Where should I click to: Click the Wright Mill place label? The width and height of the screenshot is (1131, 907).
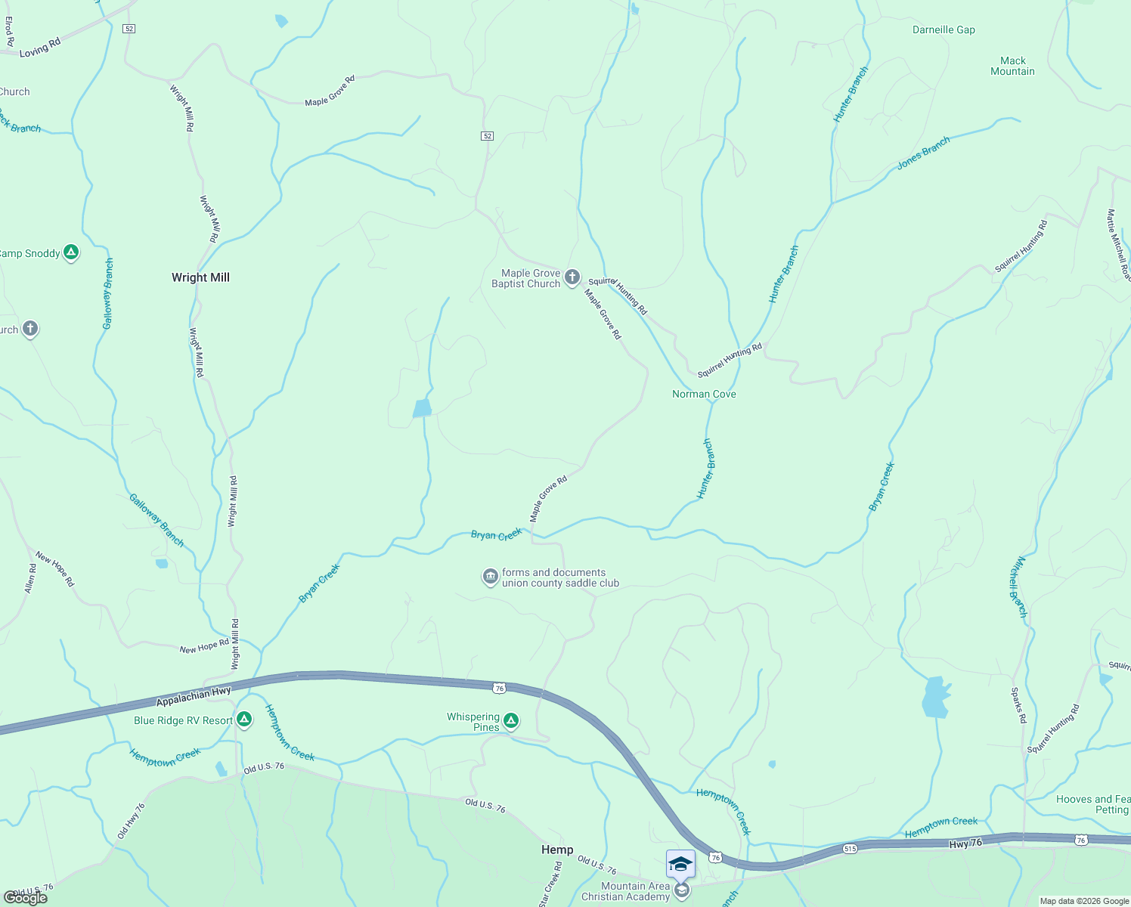[200, 277]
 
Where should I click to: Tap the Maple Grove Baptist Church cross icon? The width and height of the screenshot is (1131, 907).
[572, 277]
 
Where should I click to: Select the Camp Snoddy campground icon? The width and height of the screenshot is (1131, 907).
[71, 252]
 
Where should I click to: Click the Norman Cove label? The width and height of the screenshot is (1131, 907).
[704, 394]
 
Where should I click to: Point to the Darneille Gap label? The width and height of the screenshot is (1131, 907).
[944, 30]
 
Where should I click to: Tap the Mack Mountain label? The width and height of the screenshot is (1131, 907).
[1012, 66]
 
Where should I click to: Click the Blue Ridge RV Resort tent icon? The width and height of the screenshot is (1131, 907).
[243, 719]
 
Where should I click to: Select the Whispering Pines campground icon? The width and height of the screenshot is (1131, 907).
[511, 721]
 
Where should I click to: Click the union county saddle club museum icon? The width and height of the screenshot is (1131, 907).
[491, 577]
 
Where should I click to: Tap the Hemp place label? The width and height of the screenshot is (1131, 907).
[557, 850]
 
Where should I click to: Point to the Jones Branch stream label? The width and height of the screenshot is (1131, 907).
[923, 153]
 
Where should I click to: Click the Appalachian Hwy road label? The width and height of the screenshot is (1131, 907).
[194, 696]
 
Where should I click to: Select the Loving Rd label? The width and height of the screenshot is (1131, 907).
[40, 48]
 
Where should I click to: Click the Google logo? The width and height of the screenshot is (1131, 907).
[26, 898]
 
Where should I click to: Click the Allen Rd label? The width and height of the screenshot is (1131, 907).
[30, 578]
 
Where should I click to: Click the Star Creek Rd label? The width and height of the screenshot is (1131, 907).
[551, 884]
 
